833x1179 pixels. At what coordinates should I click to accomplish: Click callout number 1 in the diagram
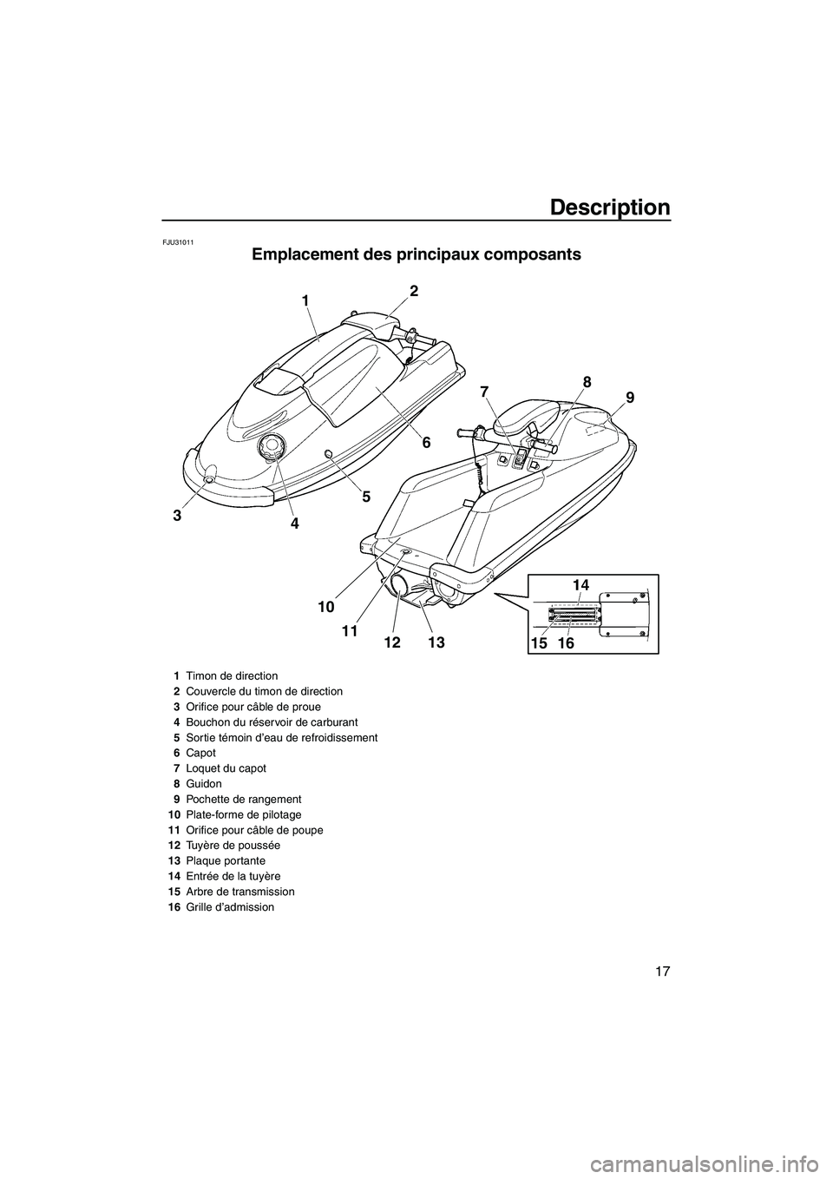[x=305, y=300]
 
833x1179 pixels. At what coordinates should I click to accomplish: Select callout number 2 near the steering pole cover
[x=414, y=291]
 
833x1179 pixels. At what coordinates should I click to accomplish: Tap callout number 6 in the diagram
[x=426, y=442]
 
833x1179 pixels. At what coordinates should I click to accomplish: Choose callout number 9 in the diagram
[x=630, y=398]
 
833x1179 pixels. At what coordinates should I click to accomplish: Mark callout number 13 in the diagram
[x=436, y=642]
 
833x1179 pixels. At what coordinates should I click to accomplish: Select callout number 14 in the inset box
[x=580, y=586]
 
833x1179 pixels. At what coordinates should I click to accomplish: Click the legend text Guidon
[x=203, y=783]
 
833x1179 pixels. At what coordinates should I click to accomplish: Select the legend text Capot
[x=200, y=753]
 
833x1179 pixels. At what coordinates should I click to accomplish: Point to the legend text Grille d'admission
[x=229, y=907]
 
